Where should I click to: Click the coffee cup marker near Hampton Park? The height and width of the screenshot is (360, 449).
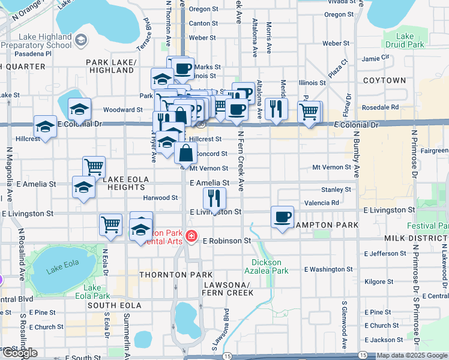tap(282, 217)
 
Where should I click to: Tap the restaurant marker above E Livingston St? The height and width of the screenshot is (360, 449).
tap(214, 197)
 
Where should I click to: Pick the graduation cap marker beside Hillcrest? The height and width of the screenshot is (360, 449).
tap(45, 127)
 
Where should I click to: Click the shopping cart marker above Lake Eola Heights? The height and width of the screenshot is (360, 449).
tap(94, 167)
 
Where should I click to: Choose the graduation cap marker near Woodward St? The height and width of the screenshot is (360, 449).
tap(79, 109)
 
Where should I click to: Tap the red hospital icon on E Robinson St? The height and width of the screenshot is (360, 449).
tap(191, 238)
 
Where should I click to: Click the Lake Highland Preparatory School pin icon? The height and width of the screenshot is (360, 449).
tap(80, 40)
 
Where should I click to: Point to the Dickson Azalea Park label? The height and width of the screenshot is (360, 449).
tap(270, 266)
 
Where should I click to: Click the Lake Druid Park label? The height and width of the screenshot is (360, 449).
tap(405, 40)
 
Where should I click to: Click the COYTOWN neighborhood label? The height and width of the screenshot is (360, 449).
tap(384, 80)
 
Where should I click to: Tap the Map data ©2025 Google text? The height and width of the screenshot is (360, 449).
tap(411, 356)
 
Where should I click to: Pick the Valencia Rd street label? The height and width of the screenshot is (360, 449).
tap(322, 203)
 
